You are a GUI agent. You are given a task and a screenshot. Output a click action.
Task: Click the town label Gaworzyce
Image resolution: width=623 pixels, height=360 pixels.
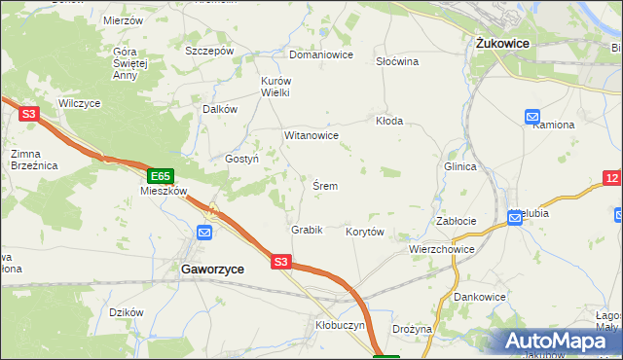210,268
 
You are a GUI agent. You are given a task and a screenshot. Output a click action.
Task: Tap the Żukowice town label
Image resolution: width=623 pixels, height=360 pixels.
499,44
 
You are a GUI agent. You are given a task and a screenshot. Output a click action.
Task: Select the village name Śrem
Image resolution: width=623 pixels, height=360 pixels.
325,186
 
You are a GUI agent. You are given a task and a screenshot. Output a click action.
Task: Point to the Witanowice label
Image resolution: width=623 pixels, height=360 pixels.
311,135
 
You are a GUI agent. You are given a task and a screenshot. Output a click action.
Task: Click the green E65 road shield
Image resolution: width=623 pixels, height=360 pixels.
161,176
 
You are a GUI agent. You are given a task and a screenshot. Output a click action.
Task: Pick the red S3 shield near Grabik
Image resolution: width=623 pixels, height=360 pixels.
280,261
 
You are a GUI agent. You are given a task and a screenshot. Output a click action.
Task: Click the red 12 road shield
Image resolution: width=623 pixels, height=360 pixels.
611,177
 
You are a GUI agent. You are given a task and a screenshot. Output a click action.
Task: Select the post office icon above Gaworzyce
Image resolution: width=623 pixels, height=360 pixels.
204,233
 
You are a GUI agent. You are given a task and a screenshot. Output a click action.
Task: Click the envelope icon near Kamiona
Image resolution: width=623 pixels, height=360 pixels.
532,117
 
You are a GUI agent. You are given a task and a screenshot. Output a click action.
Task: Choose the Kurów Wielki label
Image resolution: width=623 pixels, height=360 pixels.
275,87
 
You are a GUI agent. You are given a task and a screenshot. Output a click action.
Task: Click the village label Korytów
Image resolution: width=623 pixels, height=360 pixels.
365,232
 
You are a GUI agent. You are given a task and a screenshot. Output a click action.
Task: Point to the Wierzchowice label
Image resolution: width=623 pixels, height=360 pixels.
441,249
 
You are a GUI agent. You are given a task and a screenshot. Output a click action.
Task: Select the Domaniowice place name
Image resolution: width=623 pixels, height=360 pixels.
320,54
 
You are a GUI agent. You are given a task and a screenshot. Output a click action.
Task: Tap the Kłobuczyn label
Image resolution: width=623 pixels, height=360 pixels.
340,326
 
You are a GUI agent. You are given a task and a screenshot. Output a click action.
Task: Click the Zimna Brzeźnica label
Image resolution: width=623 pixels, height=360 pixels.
34,160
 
